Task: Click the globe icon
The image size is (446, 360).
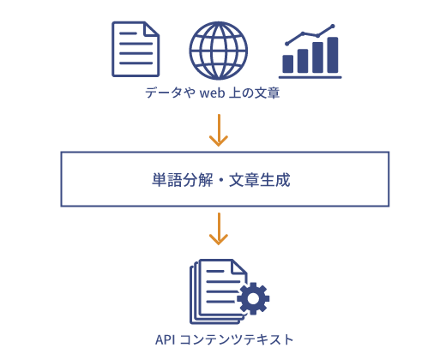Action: [x=219, y=51]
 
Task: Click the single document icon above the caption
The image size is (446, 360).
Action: [x=136, y=49]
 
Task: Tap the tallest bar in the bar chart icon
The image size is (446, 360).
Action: [x=333, y=55]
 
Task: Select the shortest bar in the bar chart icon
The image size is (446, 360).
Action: [x=288, y=63]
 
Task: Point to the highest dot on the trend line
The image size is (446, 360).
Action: [x=333, y=27]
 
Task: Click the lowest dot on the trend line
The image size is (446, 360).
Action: [x=287, y=44]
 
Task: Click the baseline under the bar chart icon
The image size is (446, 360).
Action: [x=310, y=77]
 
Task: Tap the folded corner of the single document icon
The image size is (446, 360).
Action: [x=152, y=29]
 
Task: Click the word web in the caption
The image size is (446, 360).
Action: [x=212, y=93]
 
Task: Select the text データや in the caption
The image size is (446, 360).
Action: [x=171, y=93]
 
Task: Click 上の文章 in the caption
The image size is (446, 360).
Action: [x=254, y=93]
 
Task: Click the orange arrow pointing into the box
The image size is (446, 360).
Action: [x=219, y=130]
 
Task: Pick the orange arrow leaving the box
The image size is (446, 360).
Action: [x=219, y=229]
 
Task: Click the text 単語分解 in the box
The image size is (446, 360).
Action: [x=183, y=180]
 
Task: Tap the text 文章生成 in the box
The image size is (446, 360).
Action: [x=260, y=180]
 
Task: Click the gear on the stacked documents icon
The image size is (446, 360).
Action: [x=253, y=298]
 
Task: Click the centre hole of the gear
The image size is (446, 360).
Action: [x=253, y=298]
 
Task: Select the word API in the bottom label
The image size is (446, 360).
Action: [x=165, y=340]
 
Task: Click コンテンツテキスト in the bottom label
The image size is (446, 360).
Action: [x=237, y=340]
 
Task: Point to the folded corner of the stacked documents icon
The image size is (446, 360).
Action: [x=239, y=267]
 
